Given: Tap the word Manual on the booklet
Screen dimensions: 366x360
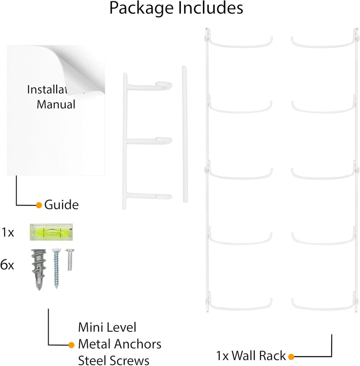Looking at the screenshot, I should (x=56, y=105).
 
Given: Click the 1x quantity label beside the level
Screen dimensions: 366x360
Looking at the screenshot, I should (x=8, y=233).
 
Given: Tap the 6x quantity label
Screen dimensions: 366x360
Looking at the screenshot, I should (x=7, y=265).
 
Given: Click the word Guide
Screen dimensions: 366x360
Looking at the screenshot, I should (x=61, y=205).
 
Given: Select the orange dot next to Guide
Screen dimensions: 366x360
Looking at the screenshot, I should (x=39, y=205).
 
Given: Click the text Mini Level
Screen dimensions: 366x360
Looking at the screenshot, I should (x=107, y=327).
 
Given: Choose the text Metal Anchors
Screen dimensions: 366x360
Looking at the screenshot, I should (x=120, y=344).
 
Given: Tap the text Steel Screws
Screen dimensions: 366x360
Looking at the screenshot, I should (x=114, y=360).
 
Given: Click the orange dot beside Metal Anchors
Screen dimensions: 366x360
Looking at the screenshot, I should (x=71, y=345).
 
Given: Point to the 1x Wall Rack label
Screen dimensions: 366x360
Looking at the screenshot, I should (x=251, y=356).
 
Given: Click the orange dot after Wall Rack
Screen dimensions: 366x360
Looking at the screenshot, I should (x=291, y=357).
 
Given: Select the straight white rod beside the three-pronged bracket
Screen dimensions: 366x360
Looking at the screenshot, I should (x=184, y=135).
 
